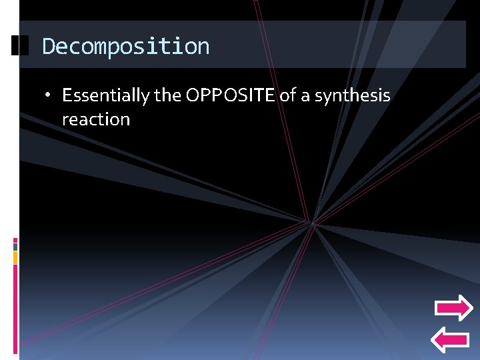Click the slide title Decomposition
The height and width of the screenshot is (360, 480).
[x=125, y=47]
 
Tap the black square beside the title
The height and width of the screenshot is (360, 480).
[x=20, y=46]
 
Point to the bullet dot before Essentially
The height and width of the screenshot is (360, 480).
[x=49, y=96]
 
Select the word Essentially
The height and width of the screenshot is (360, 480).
[x=106, y=96]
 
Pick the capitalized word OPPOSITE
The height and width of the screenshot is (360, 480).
[x=230, y=95]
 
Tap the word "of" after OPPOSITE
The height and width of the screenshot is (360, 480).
[x=287, y=95]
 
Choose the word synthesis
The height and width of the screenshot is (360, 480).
[x=352, y=96]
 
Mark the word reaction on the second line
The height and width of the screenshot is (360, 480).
[x=95, y=120]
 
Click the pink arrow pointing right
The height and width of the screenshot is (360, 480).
[x=453, y=308]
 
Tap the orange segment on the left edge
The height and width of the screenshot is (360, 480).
[x=15, y=257]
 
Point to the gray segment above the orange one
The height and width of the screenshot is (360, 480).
[x=15, y=247]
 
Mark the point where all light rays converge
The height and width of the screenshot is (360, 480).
[x=312, y=222]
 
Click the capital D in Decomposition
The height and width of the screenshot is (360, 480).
[x=48, y=47]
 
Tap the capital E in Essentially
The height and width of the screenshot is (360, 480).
[x=66, y=95]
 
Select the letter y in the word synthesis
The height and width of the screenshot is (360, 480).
[x=325, y=97]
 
